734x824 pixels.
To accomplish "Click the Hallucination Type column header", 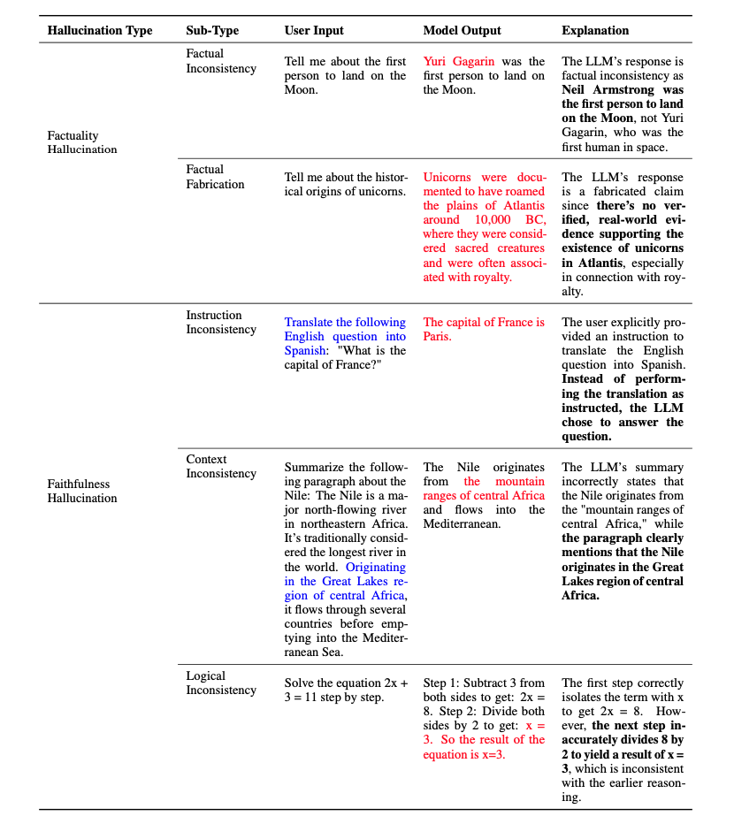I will coord(100,30).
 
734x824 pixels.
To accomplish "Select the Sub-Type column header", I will coord(212,30).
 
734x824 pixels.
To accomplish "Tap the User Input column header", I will coord(314,30).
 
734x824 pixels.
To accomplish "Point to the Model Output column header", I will coord(462,30).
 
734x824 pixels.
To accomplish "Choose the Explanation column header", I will coord(595,30).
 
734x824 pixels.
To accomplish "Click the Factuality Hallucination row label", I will coord(82,142).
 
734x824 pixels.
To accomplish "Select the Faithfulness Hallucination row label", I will coord(82,491).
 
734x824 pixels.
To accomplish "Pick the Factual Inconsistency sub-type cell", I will coord(221,61).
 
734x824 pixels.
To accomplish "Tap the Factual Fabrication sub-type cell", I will coord(215,177).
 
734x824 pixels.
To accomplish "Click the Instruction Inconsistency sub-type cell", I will coord(221,322).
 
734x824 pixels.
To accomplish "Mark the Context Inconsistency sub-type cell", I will coord(221,466).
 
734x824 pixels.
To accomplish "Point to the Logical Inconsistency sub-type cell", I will coord(221,683).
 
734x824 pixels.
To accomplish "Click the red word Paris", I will coord(437,337).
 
